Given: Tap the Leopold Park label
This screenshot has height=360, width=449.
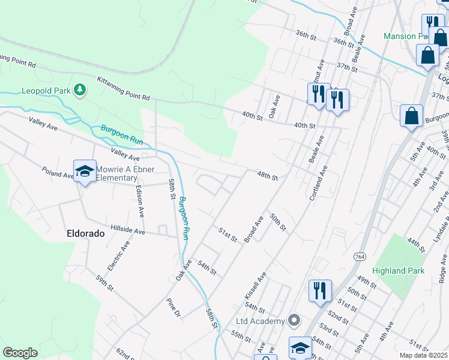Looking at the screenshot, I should (x=47, y=91).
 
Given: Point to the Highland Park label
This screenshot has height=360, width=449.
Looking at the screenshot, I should (x=398, y=271).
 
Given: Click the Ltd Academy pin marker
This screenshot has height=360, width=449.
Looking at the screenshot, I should (x=294, y=320).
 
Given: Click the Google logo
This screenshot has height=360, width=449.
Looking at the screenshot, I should (x=20, y=352).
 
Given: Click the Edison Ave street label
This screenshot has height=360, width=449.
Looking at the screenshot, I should (x=140, y=200).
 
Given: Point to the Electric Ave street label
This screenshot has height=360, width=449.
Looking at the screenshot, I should (x=118, y=256).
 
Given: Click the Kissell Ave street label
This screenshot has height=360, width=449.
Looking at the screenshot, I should (x=255, y=285).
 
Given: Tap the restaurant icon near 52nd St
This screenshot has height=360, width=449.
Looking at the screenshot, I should (x=319, y=291).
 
